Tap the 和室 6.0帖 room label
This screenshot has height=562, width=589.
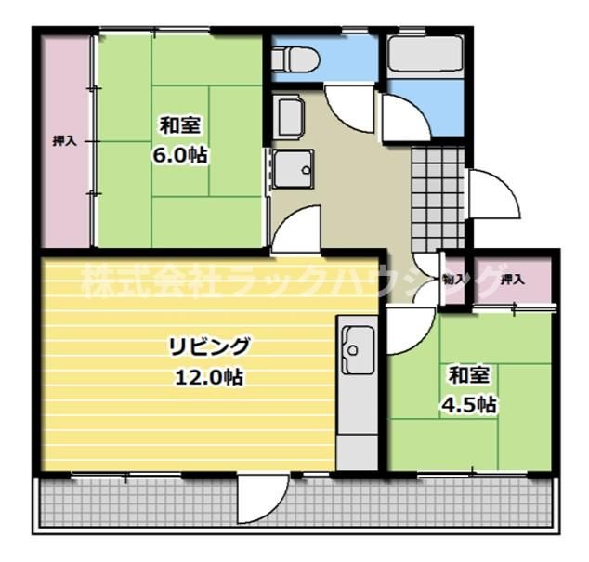(180, 139)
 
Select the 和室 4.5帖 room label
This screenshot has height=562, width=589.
(470, 390)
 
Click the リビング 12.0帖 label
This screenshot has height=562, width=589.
(208, 360)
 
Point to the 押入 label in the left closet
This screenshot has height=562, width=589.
(64, 141)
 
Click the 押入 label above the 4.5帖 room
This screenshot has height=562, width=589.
(512, 279)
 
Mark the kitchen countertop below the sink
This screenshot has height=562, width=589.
(354, 418)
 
